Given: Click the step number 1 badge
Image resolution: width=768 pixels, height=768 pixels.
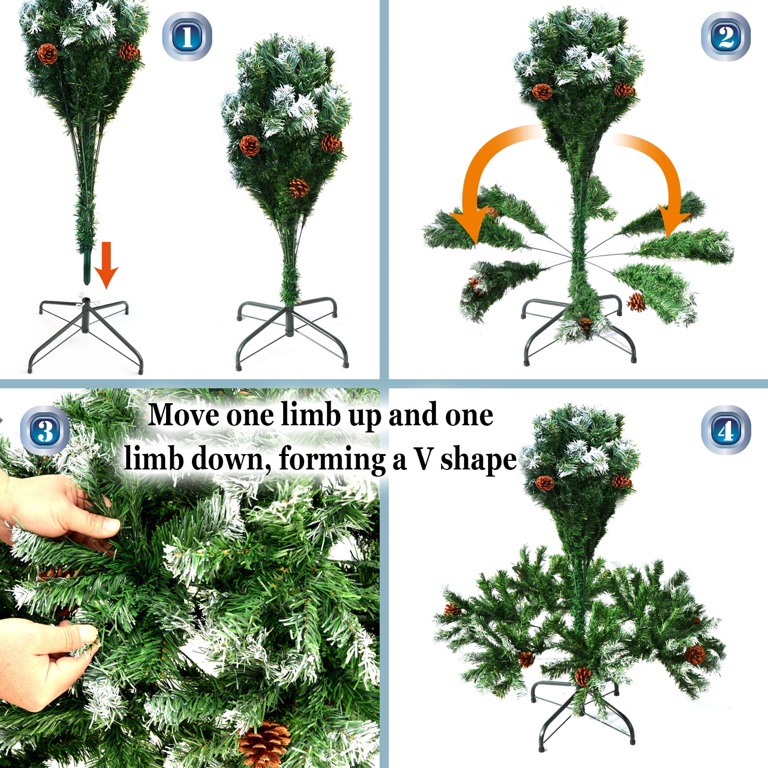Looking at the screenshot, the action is [x=187, y=36].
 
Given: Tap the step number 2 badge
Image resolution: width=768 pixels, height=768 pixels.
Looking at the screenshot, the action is [x=725, y=36].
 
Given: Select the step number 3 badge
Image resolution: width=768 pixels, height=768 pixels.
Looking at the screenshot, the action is [x=45, y=431].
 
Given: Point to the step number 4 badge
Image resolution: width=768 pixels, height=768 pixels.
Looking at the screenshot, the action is [x=725, y=431].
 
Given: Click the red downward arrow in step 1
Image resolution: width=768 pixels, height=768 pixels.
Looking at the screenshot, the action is [x=106, y=265].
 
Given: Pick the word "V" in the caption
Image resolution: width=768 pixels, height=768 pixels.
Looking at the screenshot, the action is [x=424, y=459].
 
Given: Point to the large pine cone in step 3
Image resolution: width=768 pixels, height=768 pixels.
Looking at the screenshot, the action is [x=264, y=743].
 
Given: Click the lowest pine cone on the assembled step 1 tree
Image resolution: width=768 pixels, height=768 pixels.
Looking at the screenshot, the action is [x=299, y=188].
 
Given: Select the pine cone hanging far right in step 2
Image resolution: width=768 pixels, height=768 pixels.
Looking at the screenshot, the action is [x=636, y=302].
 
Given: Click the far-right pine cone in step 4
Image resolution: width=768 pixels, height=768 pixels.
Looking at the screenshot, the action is [x=695, y=654].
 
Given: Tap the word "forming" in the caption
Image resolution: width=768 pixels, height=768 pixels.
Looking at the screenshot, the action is [x=332, y=460].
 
